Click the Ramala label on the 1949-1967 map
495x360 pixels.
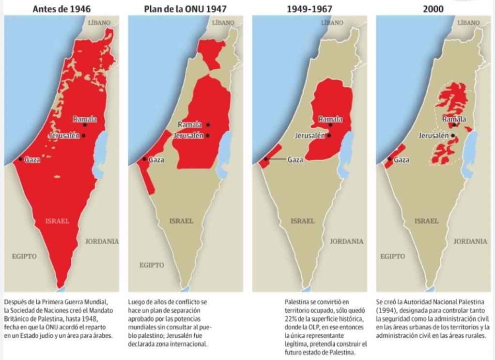[x=330, y=119]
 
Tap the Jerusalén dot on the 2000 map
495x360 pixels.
[x=453, y=136]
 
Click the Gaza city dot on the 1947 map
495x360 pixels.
[x=144, y=159]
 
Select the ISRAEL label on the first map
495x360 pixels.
[x=57, y=221]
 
